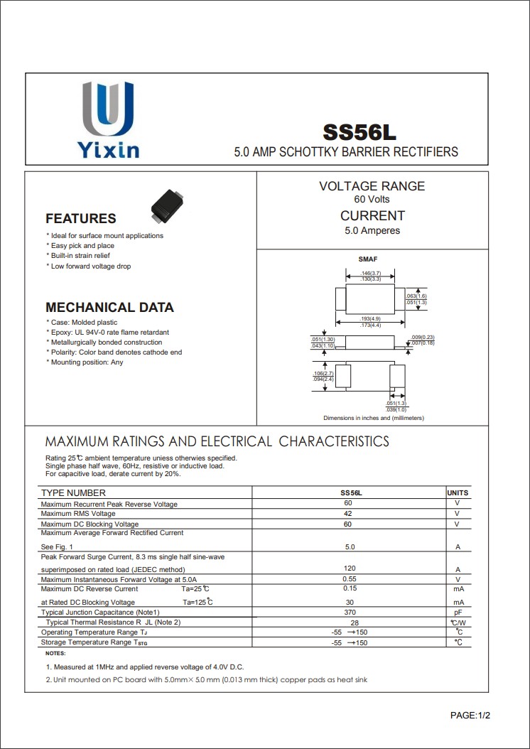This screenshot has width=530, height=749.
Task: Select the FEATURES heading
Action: click(80, 219)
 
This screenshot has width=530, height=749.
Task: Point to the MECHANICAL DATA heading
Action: click(109, 308)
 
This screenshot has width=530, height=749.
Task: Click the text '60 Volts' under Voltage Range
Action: click(372, 200)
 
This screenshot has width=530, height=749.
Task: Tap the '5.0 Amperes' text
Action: click(372, 231)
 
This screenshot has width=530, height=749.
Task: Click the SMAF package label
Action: click(368, 259)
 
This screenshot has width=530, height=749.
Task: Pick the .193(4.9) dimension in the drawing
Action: click(370, 318)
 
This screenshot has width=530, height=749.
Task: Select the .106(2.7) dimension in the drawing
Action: click(323, 373)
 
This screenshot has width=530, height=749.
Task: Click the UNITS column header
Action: click(458, 492)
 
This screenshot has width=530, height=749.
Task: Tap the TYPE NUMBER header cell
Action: click(73, 492)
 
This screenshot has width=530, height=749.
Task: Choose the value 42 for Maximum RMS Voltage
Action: click(348, 513)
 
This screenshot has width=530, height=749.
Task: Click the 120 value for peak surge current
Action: click(349, 569)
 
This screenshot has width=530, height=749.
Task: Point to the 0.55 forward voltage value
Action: click(349, 579)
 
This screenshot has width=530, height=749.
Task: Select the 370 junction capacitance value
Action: click(349, 612)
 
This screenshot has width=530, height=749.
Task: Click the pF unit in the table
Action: click(458, 612)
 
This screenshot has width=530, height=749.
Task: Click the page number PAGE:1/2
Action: click(470, 715)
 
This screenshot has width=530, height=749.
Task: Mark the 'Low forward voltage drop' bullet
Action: click(91, 266)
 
